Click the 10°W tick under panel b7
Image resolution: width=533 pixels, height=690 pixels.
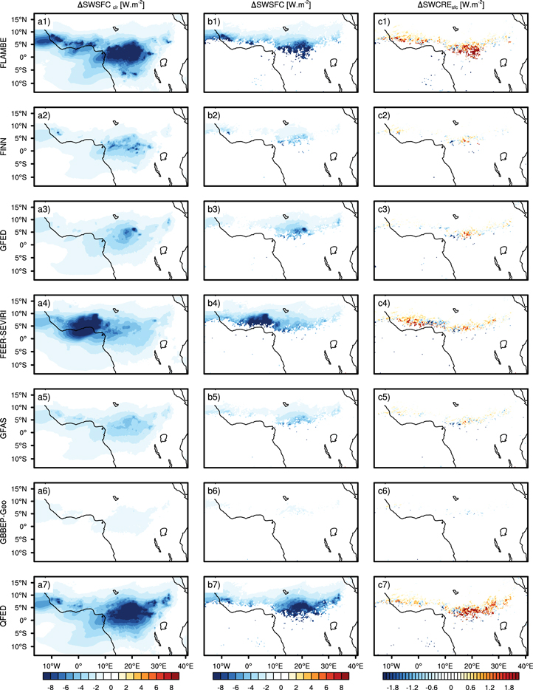tap(222, 657)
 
